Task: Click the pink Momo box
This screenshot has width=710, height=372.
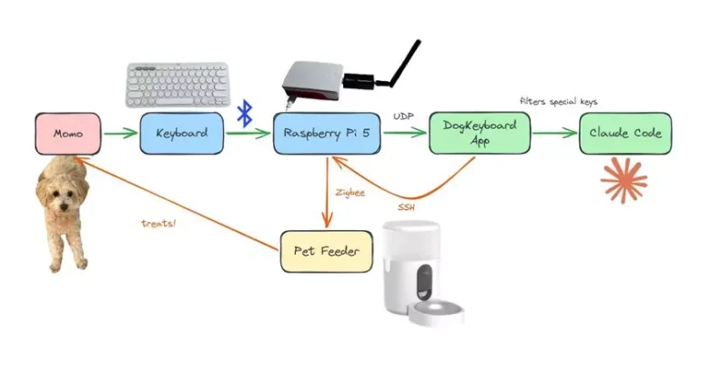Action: (68, 134)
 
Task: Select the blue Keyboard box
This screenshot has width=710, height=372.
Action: (181, 133)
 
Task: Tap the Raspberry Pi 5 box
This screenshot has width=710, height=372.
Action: (327, 133)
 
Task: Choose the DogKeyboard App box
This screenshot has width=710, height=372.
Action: (480, 133)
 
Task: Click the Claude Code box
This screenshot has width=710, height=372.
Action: (625, 133)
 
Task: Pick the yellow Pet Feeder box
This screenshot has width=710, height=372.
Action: (327, 251)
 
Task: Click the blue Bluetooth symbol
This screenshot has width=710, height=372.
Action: (245, 113)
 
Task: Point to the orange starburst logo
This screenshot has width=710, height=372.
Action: (624, 180)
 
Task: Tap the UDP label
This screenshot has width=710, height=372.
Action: (403, 116)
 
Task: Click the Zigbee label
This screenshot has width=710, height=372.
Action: (350, 192)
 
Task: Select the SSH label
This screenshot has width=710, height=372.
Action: (406, 207)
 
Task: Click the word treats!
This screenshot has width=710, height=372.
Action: (158, 223)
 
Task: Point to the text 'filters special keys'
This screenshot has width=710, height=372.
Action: (558, 101)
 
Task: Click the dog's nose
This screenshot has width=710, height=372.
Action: (64, 207)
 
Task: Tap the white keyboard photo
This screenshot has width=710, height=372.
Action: (177, 85)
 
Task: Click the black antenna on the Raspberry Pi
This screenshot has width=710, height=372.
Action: (405, 63)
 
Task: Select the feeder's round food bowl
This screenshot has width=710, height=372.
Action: (436, 311)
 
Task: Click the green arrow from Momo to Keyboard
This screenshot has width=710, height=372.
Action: (120, 133)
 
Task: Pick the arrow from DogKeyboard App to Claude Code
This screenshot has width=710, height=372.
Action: (554, 133)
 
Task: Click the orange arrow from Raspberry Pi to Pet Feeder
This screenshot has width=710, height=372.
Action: (327, 191)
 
